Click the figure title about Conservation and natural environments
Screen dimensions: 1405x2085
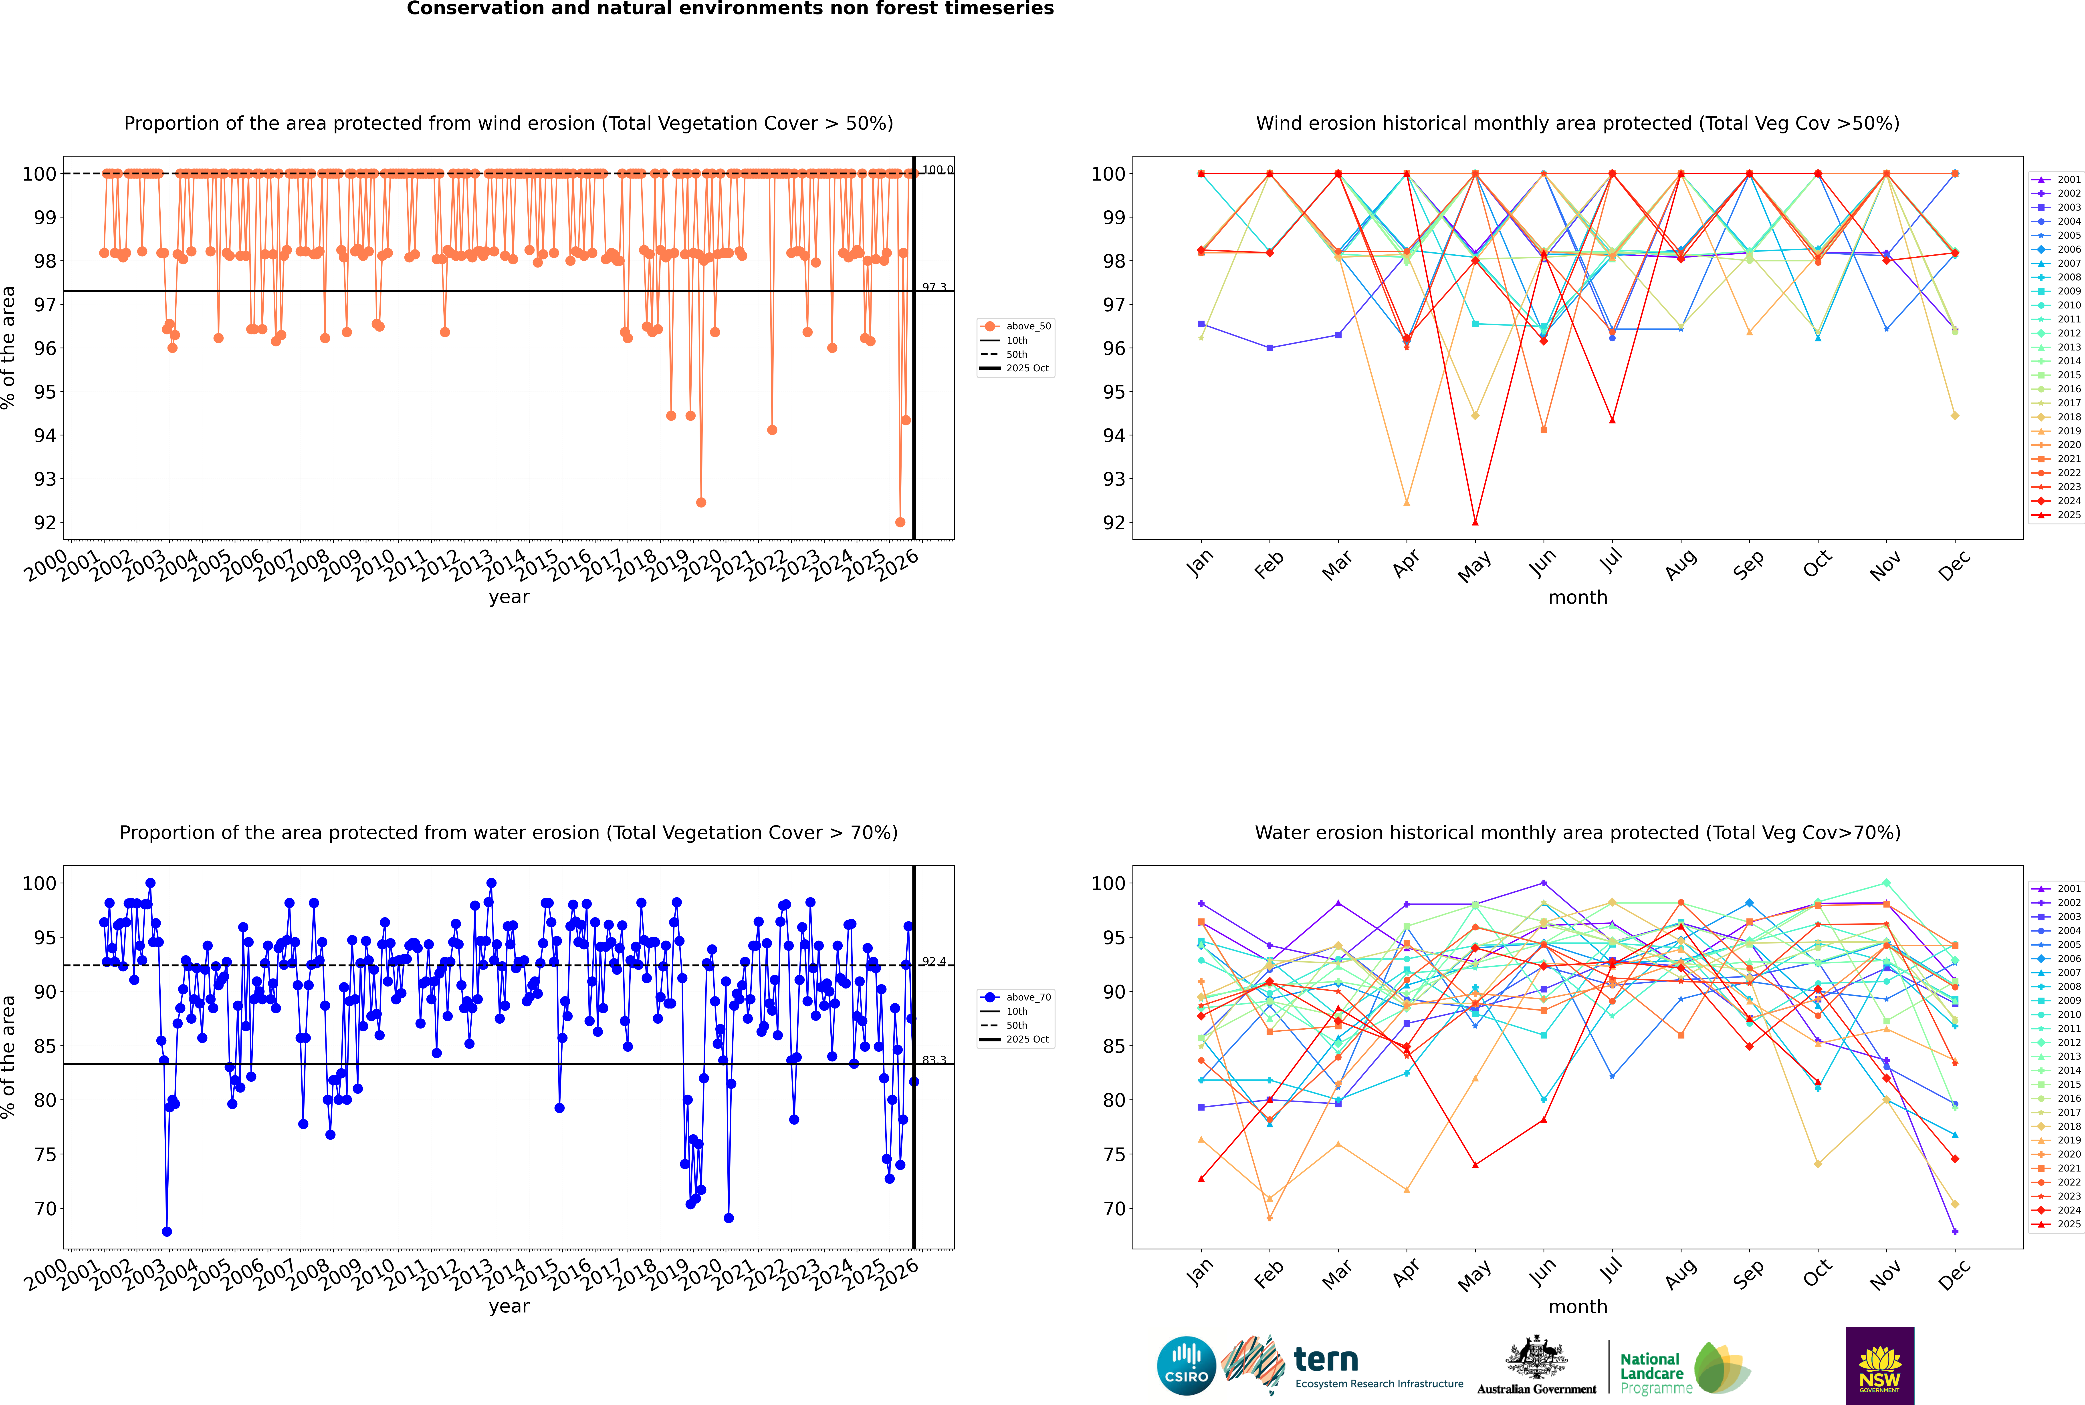click(730, 9)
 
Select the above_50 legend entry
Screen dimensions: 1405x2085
click(1027, 326)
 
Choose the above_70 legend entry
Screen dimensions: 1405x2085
click(1027, 997)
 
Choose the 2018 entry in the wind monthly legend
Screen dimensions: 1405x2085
click(2069, 417)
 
